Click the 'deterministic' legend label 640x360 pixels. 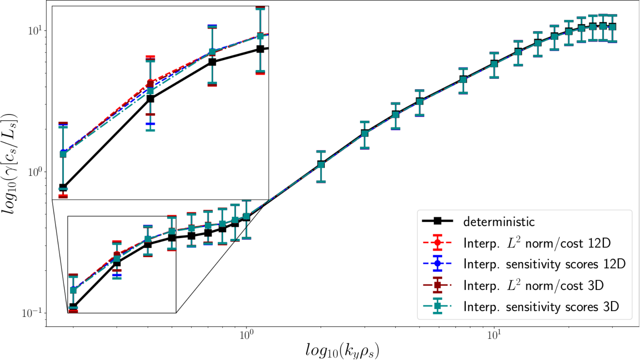(499, 222)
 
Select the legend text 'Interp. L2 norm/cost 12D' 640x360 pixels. (537, 243)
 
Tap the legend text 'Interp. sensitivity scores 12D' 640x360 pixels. (544, 264)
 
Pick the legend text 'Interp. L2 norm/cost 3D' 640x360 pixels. (534, 285)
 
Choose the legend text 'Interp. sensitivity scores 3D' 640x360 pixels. (541, 307)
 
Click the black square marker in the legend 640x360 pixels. (437, 221)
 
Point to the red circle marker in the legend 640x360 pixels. (437, 243)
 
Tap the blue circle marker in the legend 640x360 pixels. (437, 264)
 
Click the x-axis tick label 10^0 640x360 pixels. (246, 334)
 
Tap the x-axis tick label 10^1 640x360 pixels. (494, 334)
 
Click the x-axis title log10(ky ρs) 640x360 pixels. (342, 350)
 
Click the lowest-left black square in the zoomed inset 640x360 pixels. (63, 188)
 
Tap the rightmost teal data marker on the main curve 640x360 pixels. (612, 27)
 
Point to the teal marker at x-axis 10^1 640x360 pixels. (494, 64)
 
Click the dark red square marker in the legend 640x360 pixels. (437, 285)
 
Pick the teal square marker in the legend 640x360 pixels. (437, 306)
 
